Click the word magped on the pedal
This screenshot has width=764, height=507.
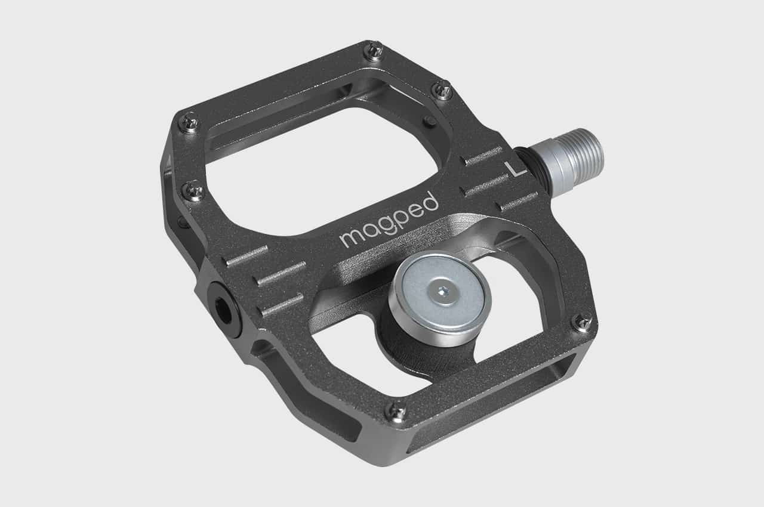(389, 220)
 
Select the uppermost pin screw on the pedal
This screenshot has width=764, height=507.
(374, 51)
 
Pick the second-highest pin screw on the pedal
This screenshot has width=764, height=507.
(442, 89)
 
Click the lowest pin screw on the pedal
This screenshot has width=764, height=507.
(396, 410)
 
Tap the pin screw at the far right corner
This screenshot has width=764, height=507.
(583, 323)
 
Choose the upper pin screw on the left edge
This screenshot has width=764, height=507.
(189, 123)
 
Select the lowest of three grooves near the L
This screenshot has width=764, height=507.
(516, 201)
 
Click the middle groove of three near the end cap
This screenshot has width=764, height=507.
(280, 274)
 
